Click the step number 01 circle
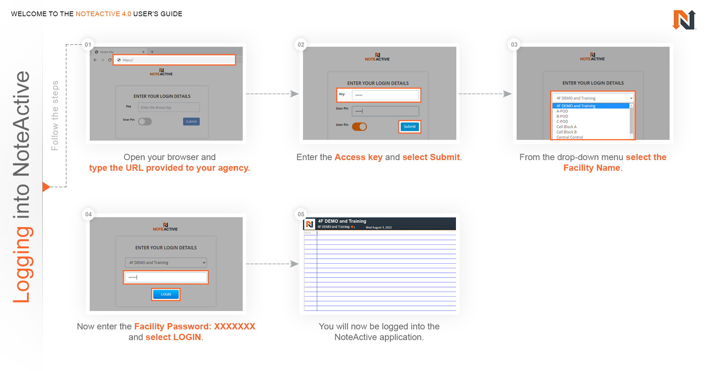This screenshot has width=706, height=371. click(x=88, y=45)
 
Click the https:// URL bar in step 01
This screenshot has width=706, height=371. click(x=174, y=60)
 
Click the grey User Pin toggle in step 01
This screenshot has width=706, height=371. click(x=145, y=121)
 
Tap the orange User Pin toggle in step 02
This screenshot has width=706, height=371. click(x=359, y=127)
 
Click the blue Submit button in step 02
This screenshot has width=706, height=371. click(x=410, y=127)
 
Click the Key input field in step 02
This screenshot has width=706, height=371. click(x=385, y=95)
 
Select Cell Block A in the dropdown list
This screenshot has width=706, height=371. click(x=566, y=127)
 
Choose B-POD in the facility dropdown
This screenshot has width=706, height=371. click(x=562, y=116)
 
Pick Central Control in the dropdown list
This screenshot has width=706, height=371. click(x=570, y=137)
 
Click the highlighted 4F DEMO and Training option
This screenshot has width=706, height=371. click(x=576, y=106)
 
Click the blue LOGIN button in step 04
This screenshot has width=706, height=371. click(x=166, y=294)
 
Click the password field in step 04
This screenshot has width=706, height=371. click(x=166, y=277)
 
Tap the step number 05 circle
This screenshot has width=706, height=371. click(x=301, y=214)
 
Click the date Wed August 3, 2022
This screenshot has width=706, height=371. click(x=378, y=227)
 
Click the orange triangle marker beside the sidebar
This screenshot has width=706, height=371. click(x=46, y=187)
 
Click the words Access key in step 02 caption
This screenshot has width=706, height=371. click(x=358, y=157)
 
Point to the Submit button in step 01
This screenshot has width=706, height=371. click(x=191, y=121)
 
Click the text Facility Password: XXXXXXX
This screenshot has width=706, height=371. click(x=195, y=326)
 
